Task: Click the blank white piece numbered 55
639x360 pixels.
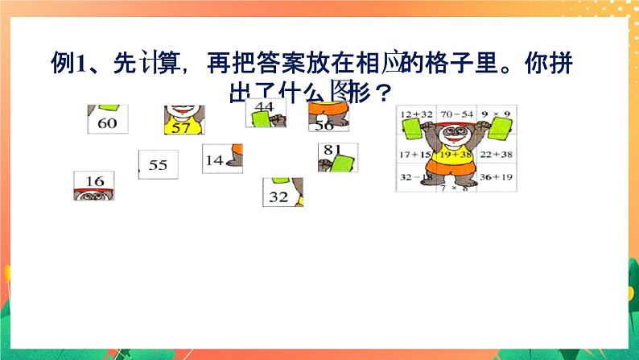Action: [157, 164]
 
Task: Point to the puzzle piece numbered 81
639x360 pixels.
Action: [332, 156]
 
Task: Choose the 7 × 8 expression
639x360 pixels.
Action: [456, 187]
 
